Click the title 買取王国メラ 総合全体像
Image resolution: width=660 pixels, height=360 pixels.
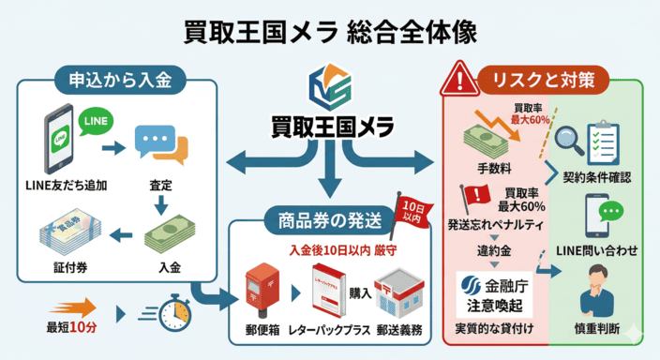tap(330, 32)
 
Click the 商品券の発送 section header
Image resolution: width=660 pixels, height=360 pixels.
tap(329, 221)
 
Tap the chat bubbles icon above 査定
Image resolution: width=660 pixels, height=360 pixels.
tap(160, 144)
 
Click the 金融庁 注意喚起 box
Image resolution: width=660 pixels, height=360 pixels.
tap(493, 294)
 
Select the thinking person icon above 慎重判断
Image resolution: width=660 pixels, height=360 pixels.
tap(601, 291)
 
